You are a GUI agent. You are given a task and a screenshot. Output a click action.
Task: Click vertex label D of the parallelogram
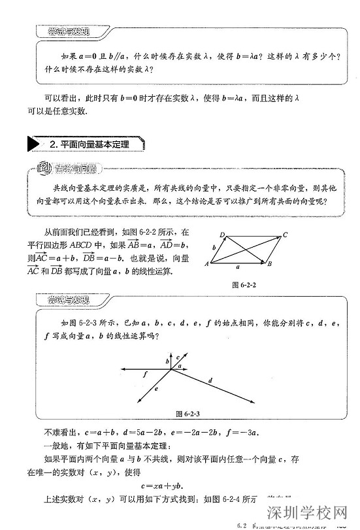click(222, 235)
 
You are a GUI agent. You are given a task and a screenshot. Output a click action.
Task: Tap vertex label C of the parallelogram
click(286, 234)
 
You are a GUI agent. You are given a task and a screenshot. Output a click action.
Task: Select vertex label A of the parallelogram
click(206, 264)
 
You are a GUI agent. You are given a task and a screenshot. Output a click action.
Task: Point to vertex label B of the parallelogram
click(270, 264)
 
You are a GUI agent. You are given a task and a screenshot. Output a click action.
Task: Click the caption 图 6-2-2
click(244, 286)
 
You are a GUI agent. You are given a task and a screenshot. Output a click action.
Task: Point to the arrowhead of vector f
click(120, 370)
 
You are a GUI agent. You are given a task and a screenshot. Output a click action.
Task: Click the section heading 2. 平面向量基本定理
click(90, 144)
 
